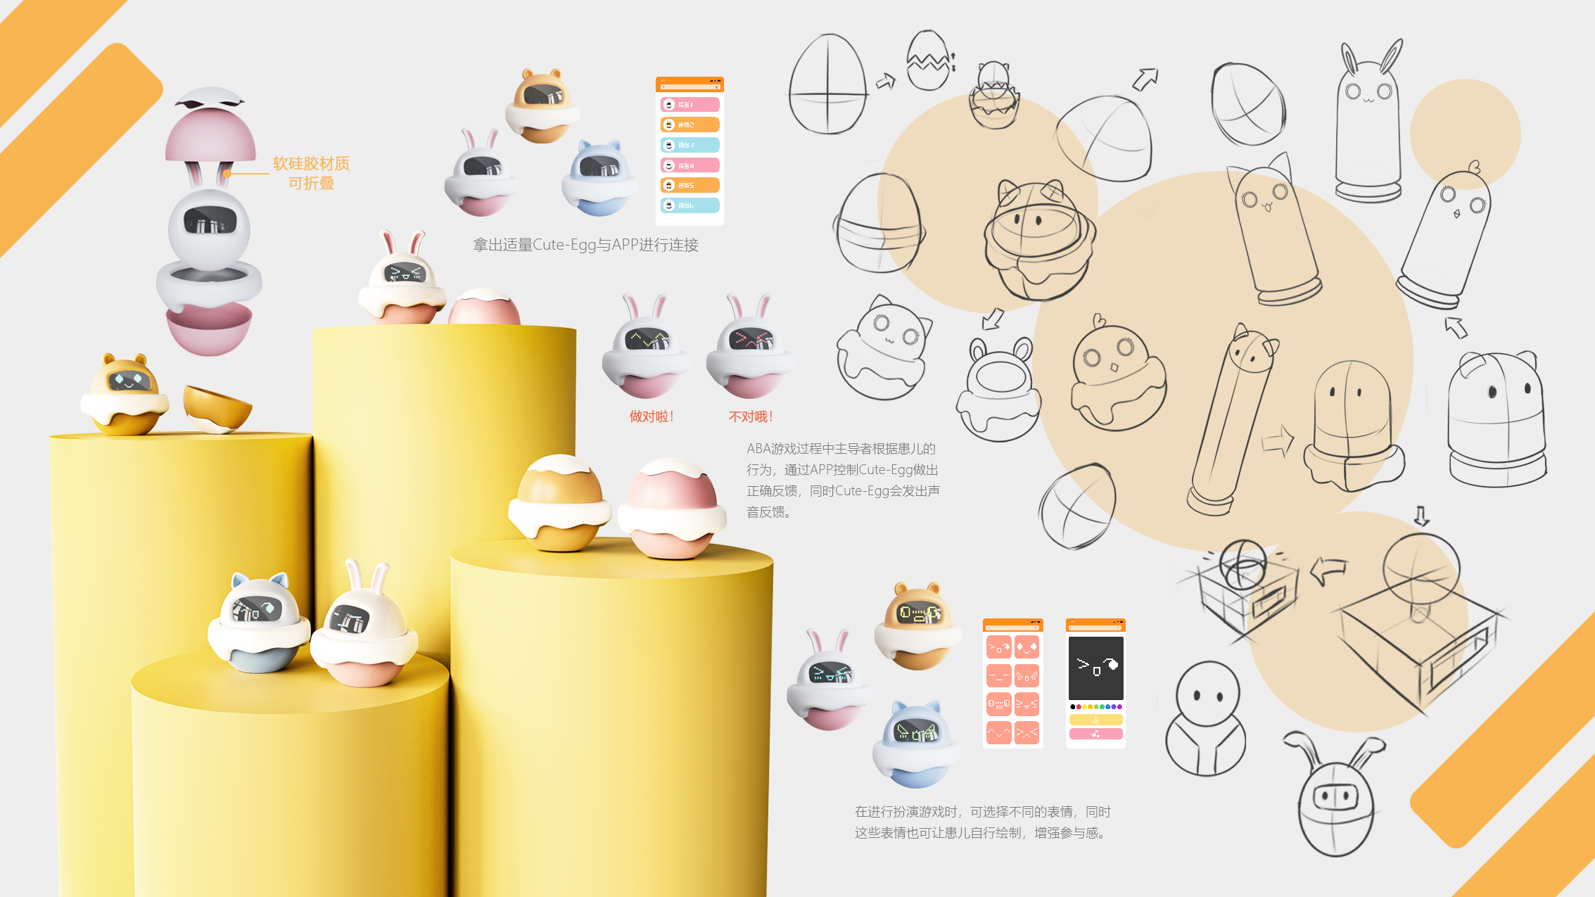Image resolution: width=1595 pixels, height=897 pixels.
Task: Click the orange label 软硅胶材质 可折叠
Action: tap(311, 173)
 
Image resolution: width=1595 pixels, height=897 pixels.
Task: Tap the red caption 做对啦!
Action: tap(652, 416)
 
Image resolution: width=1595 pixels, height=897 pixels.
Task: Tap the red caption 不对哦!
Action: tap(751, 416)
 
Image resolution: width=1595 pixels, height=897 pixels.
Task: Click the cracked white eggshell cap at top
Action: tap(211, 98)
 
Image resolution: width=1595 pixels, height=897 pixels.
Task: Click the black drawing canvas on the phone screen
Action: tap(1095, 668)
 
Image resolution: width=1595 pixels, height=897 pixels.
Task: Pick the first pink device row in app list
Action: tap(690, 105)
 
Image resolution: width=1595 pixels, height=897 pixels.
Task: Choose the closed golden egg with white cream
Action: tap(560, 503)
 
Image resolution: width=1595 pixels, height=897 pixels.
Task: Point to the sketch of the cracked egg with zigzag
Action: tap(930, 61)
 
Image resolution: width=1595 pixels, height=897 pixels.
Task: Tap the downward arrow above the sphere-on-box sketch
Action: tap(1421, 516)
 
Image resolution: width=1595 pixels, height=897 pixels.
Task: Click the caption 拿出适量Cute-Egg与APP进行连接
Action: tap(585, 245)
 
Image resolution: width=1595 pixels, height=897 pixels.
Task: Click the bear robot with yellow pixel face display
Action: tap(917, 625)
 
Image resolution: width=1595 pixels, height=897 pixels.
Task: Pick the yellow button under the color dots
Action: tap(1095, 720)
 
